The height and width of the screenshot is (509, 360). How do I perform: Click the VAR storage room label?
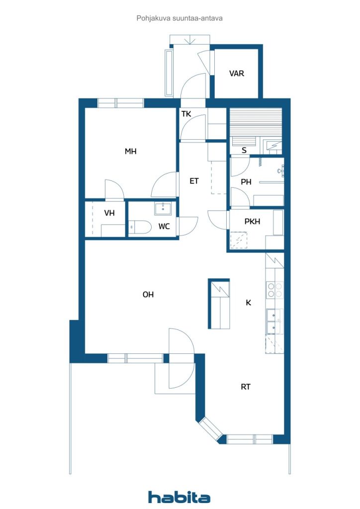236,74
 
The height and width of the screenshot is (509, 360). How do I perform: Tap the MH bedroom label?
130,151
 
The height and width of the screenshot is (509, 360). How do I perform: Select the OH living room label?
148,294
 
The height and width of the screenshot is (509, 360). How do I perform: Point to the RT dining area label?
246,387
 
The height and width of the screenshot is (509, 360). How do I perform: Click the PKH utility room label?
252,221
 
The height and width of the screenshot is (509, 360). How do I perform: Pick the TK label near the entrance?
186,114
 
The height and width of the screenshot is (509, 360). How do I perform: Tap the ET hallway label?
194,181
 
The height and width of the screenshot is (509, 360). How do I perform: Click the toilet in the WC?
140,227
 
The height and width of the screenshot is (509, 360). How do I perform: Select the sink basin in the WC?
163,209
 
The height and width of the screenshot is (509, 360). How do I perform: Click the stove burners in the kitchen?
274,290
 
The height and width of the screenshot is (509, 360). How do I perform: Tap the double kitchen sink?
274,322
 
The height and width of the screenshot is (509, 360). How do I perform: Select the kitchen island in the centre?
219,304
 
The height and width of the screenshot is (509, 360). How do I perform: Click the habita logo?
179,497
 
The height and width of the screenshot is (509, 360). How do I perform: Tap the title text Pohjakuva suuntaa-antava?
180,18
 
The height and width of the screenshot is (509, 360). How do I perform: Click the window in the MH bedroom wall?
120,103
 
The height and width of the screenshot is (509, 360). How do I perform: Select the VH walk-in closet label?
109,213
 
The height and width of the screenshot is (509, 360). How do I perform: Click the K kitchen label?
248,303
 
